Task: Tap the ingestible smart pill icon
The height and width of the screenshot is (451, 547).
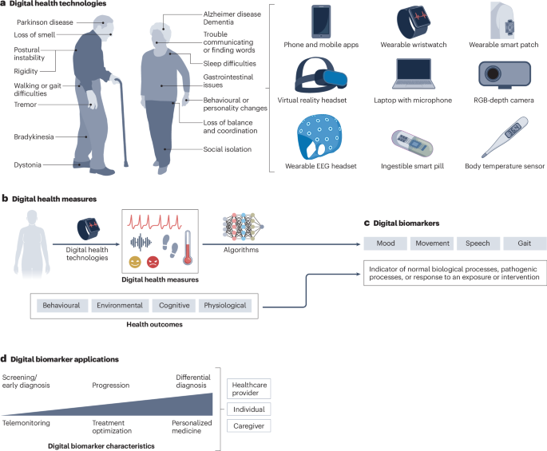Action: (x=412, y=144)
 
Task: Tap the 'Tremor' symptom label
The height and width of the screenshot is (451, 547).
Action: (x=25, y=104)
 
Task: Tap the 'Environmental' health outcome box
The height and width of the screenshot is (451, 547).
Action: (x=120, y=305)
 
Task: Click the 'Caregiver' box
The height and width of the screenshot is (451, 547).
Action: (x=248, y=427)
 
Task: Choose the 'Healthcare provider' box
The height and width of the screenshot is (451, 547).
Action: (x=248, y=388)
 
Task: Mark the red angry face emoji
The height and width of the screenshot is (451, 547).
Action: (x=153, y=263)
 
